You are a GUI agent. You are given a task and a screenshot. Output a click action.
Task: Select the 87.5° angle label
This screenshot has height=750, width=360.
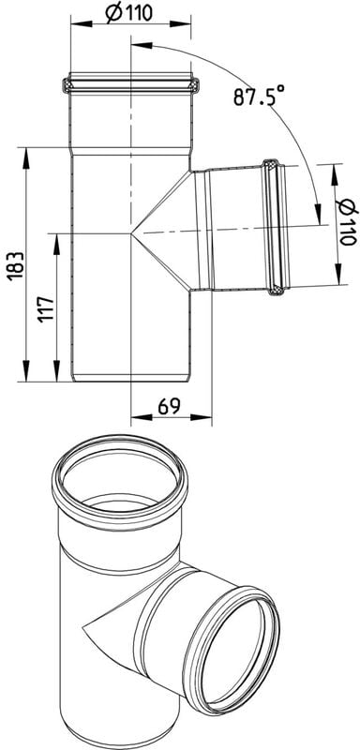tap(258, 96)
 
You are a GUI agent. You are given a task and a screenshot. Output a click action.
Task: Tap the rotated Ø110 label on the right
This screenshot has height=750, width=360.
tap(347, 222)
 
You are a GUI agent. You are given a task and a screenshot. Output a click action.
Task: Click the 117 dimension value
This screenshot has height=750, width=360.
tap(46, 309)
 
